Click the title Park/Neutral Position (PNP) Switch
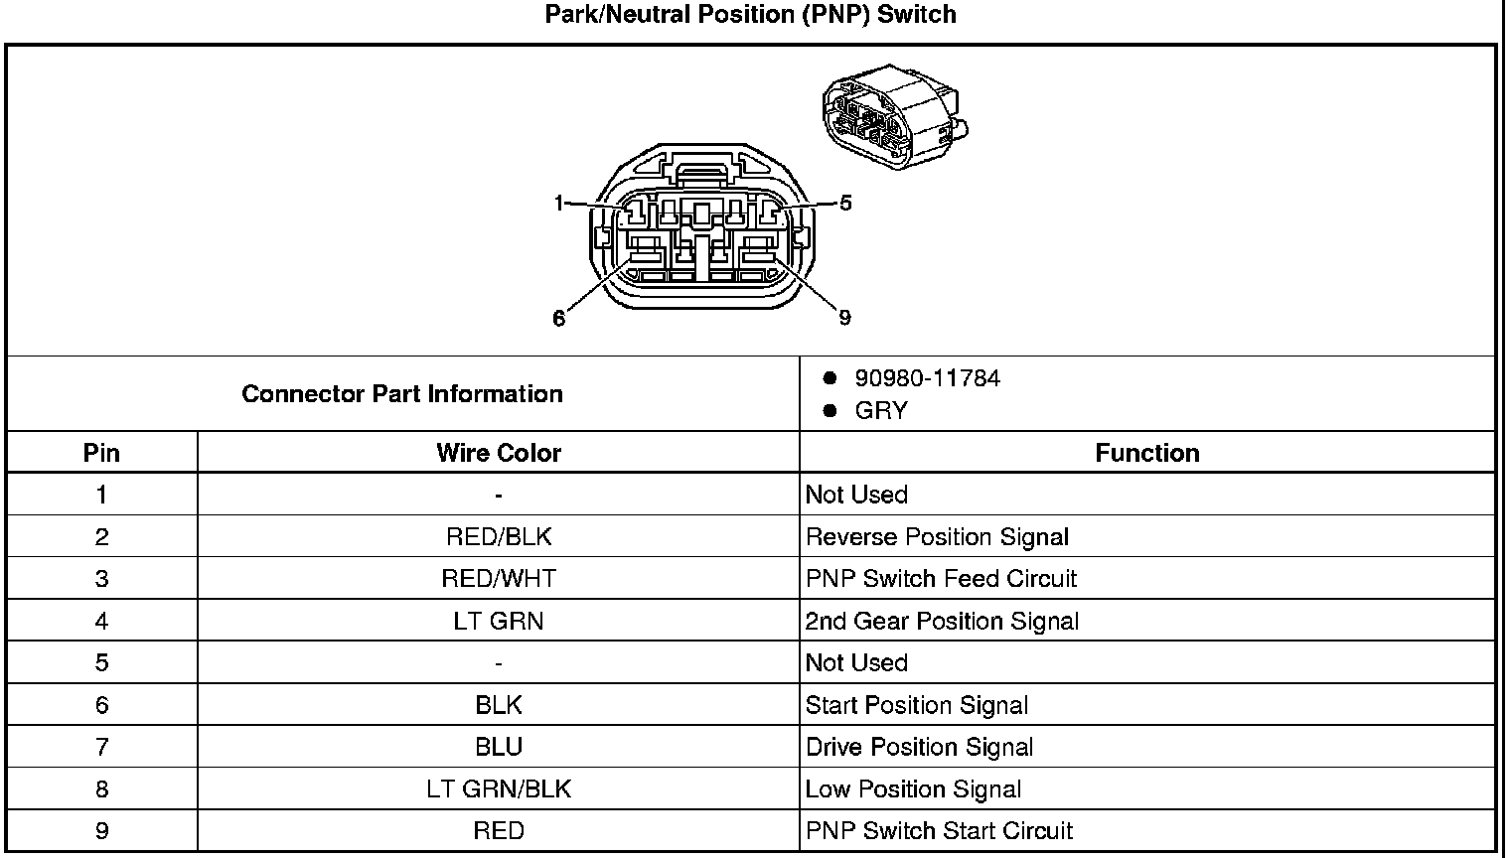750,15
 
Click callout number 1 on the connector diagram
559,204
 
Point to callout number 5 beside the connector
845,204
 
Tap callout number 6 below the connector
559,318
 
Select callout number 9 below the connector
844,318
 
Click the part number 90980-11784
927,378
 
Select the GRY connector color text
880,411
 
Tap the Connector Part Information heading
402,394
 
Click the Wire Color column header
499,454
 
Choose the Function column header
1147,454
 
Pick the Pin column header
101,454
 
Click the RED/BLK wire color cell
499,537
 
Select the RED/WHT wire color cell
499,579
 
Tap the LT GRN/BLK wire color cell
499,789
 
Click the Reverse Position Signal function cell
937,537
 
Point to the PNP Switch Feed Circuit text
941,579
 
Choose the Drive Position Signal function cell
919,747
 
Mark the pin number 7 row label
101,747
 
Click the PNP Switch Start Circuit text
939,831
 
